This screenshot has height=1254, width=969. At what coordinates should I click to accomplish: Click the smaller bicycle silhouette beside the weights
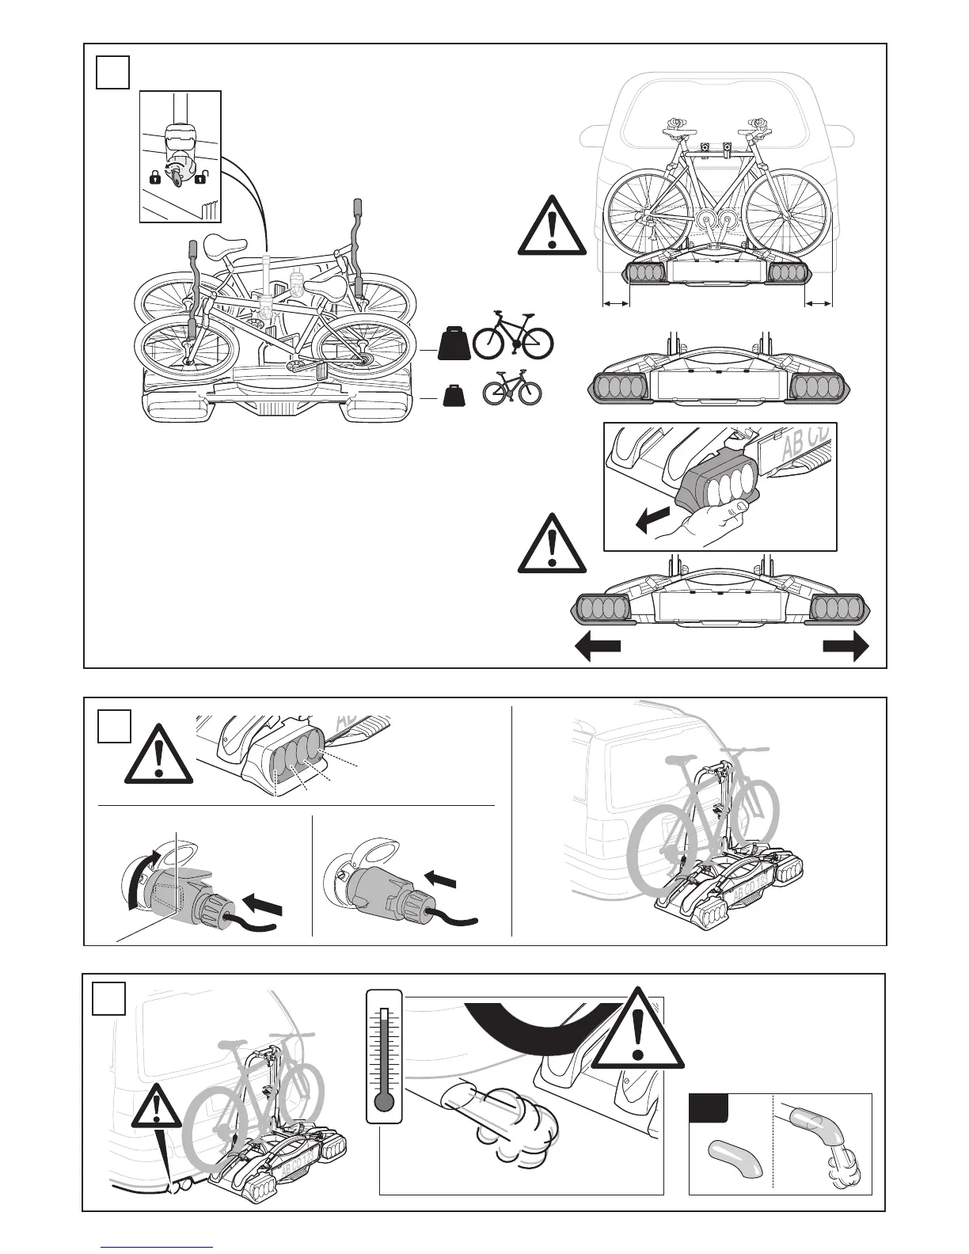point(512,388)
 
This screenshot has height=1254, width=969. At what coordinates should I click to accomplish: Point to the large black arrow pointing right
point(845,646)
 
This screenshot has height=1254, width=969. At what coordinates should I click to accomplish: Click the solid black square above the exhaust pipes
point(706,1108)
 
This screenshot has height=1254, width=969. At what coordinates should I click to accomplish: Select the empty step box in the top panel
point(112,71)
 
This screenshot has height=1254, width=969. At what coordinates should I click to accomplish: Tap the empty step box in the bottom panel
point(108,998)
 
